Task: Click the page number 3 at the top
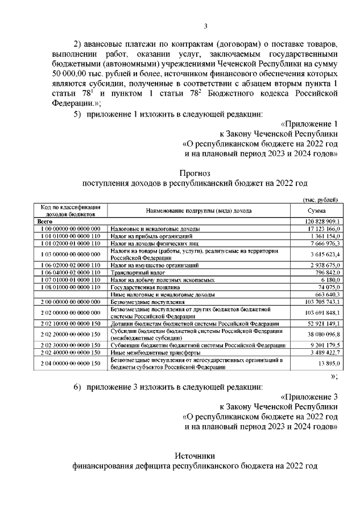pos(206,25)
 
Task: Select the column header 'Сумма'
pos(316,211)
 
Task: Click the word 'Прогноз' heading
pos(195,172)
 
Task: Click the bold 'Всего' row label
pos(45,221)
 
